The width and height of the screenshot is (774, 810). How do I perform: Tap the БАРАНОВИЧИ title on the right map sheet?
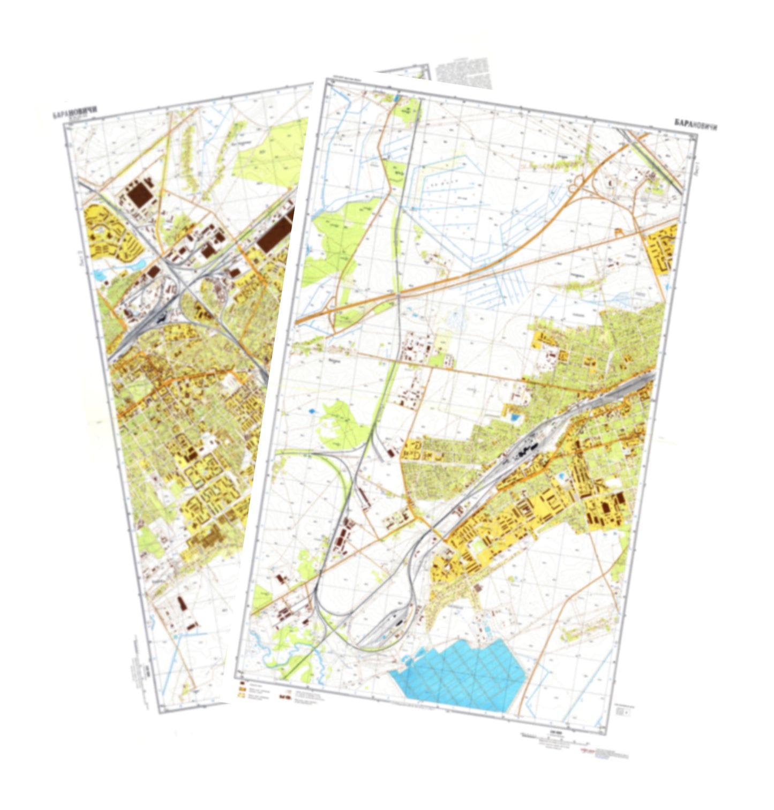click(696, 125)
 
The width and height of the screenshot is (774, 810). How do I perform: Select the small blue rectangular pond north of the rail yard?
click(515, 417)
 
